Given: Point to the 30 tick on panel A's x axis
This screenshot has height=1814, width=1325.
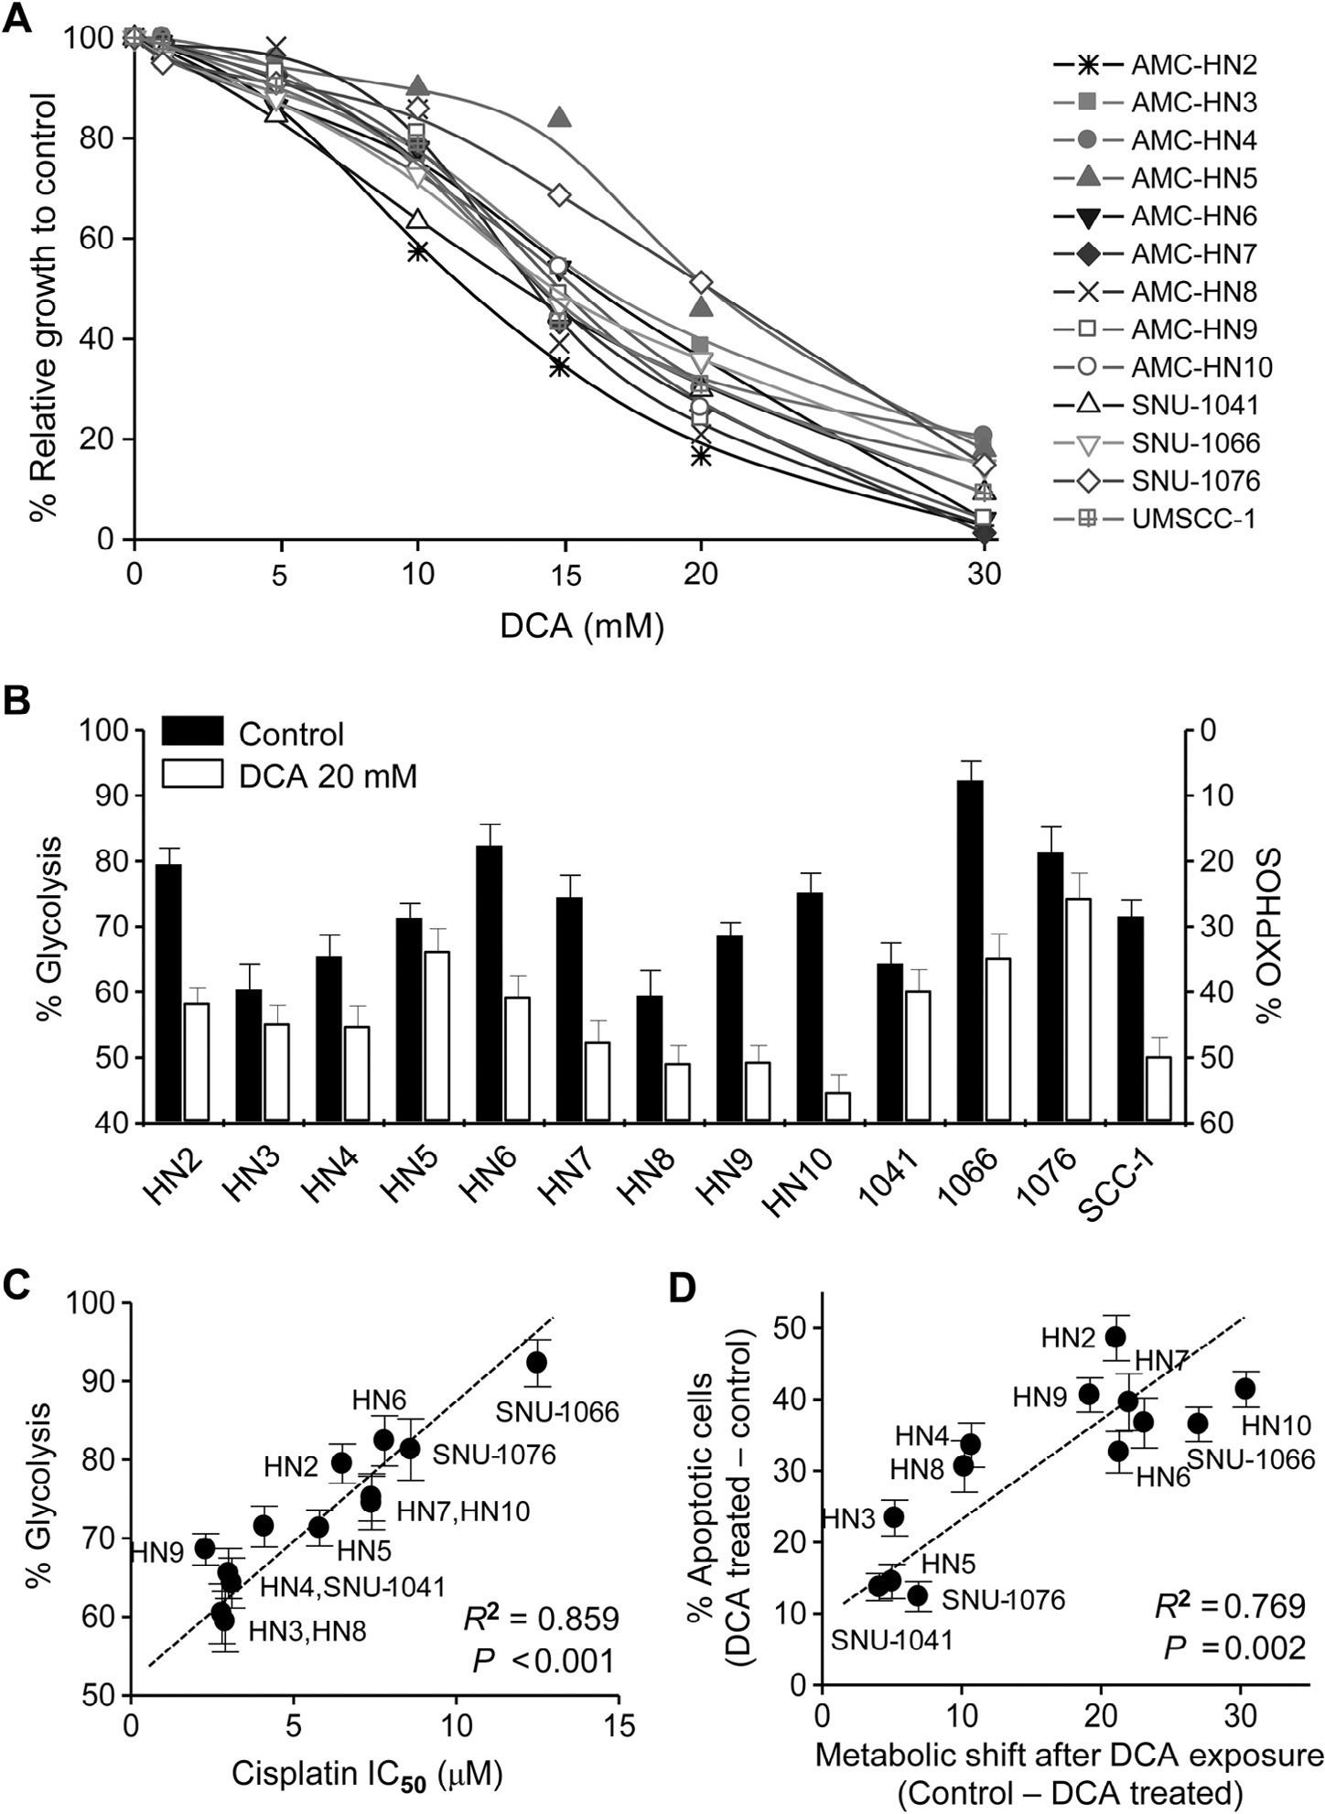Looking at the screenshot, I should coord(985,575).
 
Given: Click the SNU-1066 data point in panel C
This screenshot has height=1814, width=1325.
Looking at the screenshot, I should coord(536,1362).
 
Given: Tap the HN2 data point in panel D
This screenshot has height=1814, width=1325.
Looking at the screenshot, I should coord(1115,1336).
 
